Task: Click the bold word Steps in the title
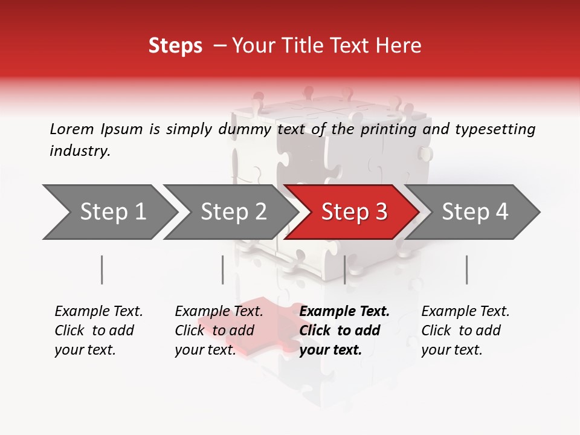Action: [175, 46]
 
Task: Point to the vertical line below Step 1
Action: [102, 269]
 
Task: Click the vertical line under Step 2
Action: [223, 269]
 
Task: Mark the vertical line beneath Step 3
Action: [344, 269]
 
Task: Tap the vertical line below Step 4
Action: [466, 269]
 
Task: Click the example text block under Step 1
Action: [98, 330]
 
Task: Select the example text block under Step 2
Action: [219, 330]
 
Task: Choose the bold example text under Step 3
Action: [344, 330]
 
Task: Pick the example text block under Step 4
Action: [465, 330]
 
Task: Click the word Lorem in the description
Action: [72, 129]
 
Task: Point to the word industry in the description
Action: [80, 151]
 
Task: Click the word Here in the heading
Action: [401, 46]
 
